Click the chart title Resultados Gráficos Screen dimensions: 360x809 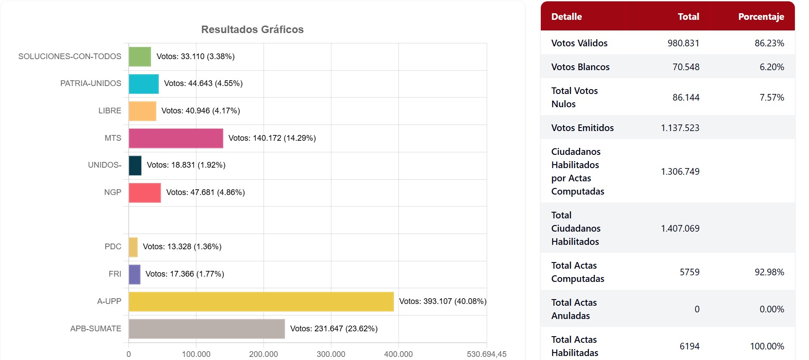pos(252,30)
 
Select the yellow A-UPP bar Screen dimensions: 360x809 pos(261,302)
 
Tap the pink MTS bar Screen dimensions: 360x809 pos(176,139)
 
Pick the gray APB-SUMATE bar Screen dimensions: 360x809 pos(206,329)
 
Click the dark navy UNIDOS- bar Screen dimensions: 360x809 pos(135,165)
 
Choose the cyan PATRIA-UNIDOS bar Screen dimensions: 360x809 pos(143,84)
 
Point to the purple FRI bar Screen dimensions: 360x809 pos(135,274)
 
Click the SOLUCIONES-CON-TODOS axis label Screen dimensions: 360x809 pos(70,56)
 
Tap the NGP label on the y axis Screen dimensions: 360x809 pos(112,192)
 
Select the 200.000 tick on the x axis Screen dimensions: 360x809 pos(263,354)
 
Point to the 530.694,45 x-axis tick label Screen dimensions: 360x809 pos(487,354)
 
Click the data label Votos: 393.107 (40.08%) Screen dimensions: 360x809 pos(442,301)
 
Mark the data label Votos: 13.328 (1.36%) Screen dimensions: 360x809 pos(182,247)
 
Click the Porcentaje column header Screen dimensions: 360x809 pos(761,17)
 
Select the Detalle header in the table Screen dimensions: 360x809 pos(566,17)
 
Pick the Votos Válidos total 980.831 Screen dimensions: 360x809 pos(683,43)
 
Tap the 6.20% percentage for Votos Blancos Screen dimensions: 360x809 pos(772,67)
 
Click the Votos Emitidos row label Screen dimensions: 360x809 pos(582,128)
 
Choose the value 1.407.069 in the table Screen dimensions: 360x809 pos(680,229)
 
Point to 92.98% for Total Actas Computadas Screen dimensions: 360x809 pos(769,272)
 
